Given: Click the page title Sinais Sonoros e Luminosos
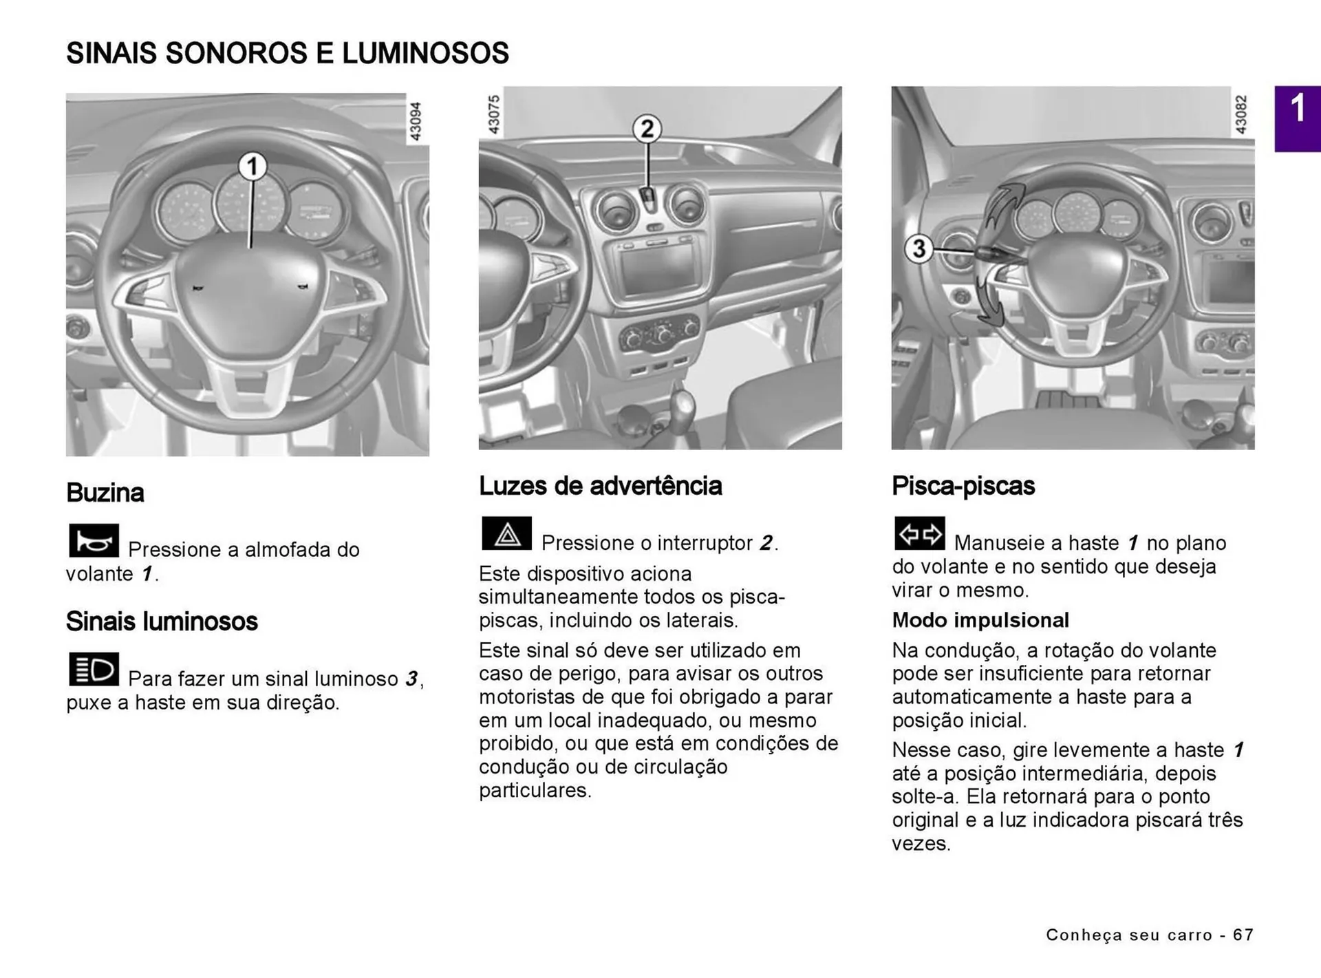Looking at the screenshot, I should [287, 54].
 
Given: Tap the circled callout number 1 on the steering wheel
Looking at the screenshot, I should [253, 167].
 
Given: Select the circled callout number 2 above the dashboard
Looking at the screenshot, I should [647, 129].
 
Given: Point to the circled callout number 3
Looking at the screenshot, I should [919, 248].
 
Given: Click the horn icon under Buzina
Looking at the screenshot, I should [94, 541].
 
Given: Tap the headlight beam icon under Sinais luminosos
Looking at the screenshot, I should [94, 669].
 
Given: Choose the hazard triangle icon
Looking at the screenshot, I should [507, 533].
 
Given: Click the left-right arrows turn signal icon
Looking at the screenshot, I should [919, 533].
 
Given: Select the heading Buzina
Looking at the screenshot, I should [105, 493].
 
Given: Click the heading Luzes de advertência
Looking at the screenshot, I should [600, 486].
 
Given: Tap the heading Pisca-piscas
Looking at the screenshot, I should [963, 486].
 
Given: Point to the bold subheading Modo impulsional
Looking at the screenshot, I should [980, 620].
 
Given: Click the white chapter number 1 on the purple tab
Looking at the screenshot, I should [1298, 109].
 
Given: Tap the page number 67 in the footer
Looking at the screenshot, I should [1243, 935].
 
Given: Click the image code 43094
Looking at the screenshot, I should [416, 121].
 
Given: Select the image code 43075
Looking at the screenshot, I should [493, 114].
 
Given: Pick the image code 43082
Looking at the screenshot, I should [1241, 114].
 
